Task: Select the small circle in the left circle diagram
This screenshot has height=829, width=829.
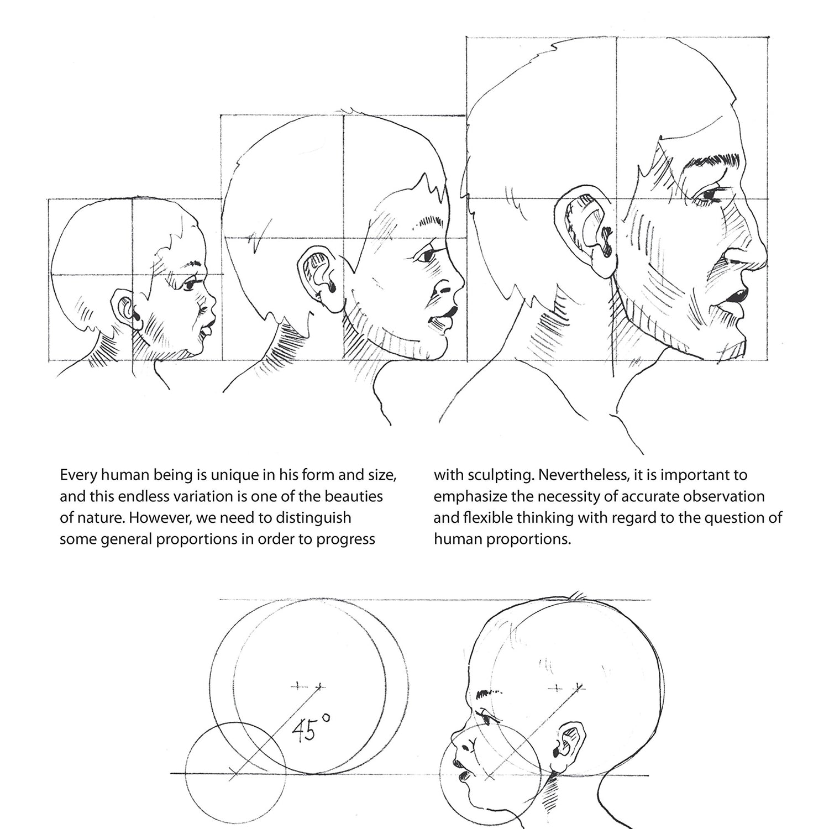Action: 235,773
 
